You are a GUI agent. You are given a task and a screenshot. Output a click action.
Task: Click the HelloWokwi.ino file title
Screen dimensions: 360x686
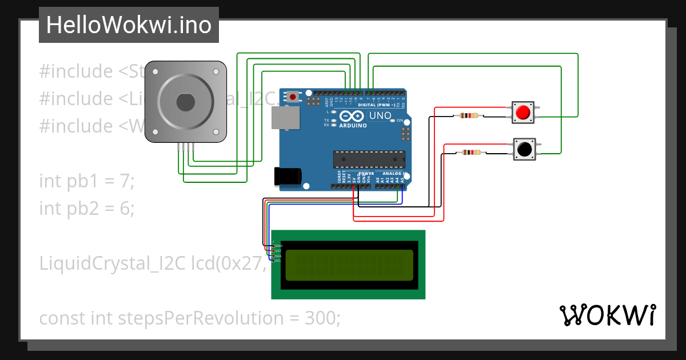129,25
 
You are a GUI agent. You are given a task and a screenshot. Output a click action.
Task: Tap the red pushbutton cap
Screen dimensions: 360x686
522,113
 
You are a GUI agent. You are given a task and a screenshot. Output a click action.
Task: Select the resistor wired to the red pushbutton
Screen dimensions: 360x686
469,116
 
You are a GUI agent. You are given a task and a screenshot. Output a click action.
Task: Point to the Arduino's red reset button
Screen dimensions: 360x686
293,97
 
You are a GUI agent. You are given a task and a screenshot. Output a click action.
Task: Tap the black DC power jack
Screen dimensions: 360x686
288,177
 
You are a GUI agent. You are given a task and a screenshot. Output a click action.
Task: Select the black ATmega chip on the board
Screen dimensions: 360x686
369,159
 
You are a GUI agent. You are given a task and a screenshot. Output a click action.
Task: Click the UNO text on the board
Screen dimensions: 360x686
380,116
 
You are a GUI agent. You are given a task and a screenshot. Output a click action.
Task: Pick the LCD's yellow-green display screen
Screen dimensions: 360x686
349,265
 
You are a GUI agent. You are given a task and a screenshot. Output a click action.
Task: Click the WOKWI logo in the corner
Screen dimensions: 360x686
607,315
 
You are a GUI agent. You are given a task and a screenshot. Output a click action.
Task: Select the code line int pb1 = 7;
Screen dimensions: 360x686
86,181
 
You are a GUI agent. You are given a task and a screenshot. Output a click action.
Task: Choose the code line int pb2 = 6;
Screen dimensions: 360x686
87,209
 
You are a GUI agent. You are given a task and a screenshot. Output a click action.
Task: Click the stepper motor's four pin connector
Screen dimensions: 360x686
186,147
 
